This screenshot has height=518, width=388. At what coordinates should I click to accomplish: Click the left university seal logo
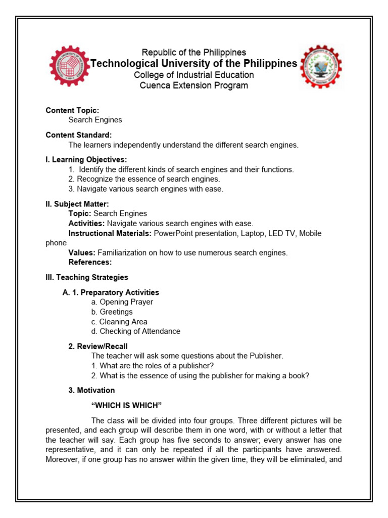tap(69, 66)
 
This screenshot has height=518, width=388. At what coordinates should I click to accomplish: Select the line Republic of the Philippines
tap(193, 52)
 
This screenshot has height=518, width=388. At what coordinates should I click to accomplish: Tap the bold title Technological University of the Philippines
tap(193, 63)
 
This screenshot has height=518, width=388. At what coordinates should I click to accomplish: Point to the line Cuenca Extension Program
tap(193, 85)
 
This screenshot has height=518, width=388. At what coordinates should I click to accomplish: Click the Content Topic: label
tap(72, 110)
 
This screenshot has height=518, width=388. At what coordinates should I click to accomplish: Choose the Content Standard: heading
tap(79, 135)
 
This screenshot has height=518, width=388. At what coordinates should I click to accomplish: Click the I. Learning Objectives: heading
tap(86, 160)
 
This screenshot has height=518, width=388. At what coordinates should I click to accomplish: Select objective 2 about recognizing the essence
tap(144, 179)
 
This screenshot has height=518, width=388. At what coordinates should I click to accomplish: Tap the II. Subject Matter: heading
tap(77, 204)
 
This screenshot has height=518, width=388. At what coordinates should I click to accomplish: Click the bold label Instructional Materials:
tap(110, 233)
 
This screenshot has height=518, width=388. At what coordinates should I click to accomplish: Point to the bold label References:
tap(90, 262)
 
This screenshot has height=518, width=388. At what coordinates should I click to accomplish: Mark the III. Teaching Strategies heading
tap(87, 277)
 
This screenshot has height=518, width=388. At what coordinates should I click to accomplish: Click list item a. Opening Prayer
tap(122, 302)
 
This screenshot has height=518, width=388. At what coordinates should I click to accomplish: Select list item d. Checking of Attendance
tap(135, 331)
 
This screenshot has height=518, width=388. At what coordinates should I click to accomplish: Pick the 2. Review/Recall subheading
tap(98, 347)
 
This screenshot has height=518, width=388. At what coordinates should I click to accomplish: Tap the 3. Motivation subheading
tap(91, 391)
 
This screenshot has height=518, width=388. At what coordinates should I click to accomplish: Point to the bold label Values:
tap(82, 252)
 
